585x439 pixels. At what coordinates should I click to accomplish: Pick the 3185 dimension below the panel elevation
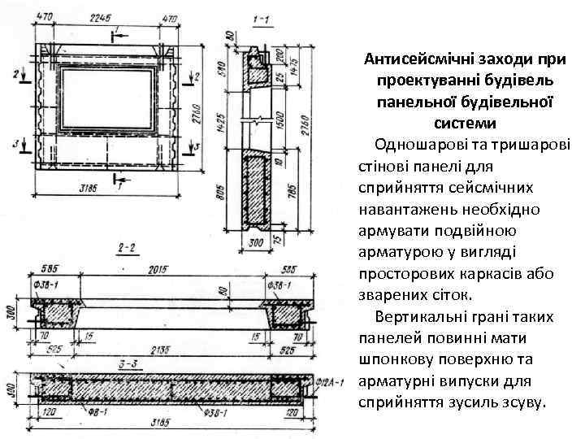90,188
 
